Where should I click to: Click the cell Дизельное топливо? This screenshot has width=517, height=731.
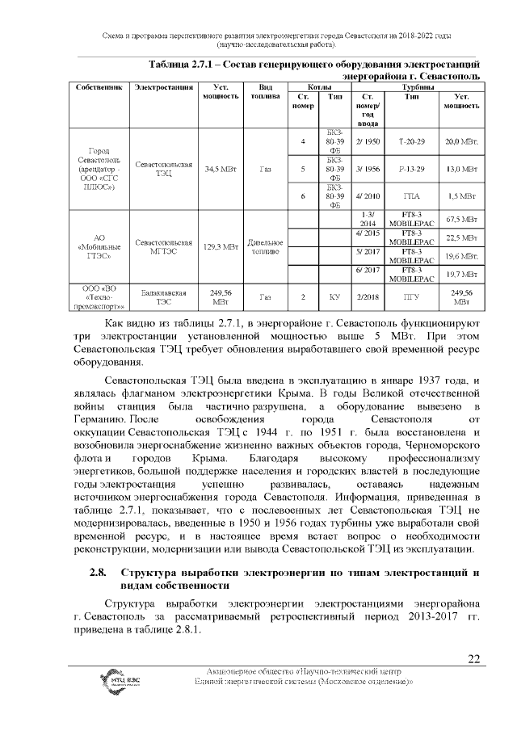[x=264, y=246]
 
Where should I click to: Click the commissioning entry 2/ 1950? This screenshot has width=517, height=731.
[x=368, y=141]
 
